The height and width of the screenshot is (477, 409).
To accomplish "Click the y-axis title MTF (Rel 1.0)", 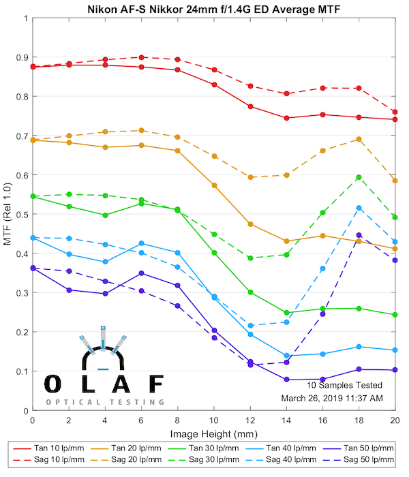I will tap(8, 214).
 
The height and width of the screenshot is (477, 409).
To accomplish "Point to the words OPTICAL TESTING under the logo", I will tap(105, 401).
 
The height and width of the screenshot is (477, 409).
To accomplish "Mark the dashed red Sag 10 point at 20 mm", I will tap(395, 112).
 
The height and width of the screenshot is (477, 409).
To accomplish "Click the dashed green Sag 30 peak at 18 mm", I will tap(359, 177).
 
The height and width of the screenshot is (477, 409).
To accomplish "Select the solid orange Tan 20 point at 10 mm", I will tap(214, 185).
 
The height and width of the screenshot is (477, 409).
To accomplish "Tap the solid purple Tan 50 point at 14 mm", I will tap(286, 379).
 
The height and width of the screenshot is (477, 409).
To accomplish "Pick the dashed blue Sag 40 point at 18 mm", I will tap(359, 208).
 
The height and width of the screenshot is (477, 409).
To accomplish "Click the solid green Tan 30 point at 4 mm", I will tap(105, 215).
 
